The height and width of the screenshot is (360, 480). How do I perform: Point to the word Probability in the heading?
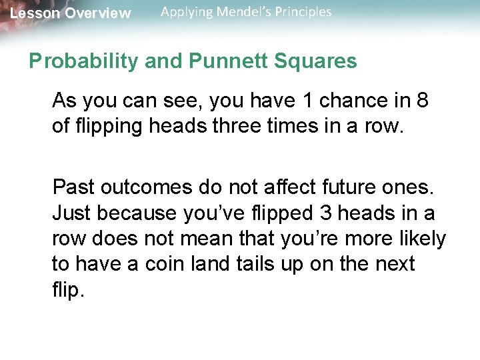(73, 61)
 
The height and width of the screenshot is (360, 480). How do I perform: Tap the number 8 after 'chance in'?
(421, 101)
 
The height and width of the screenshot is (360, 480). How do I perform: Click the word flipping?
(107, 127)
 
